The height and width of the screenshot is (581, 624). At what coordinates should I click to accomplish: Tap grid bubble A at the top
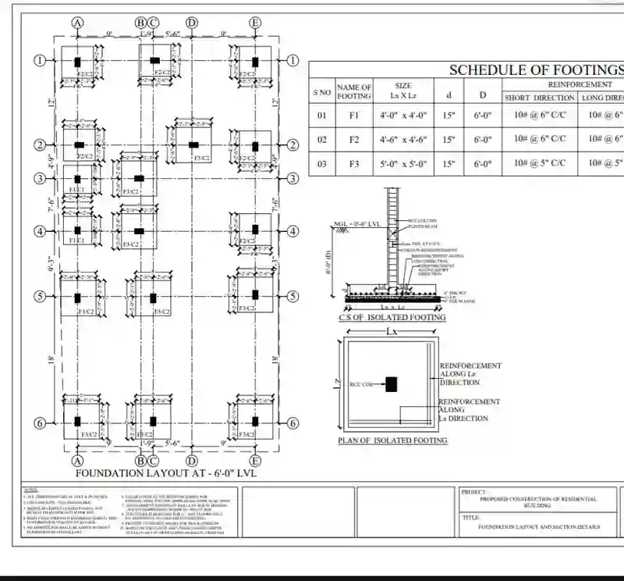coord(78,23)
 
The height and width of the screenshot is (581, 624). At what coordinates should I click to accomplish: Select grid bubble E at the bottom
coord(254,461)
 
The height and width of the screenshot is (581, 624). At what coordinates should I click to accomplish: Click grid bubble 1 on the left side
coord(39,61)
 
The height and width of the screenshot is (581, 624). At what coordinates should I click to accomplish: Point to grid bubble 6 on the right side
coord(293,423)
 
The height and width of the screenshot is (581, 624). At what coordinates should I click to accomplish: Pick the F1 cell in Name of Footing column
coord(354,115)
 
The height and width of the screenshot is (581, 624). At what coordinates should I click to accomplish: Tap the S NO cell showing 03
coord(322,164)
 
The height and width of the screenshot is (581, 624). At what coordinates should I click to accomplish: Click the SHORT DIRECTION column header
coord(538,98)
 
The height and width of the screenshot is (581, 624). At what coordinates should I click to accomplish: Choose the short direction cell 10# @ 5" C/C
coord(538,164)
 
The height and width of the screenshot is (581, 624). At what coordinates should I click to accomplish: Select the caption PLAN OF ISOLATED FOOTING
coord(392,440)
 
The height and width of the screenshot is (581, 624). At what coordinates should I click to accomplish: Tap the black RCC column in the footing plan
coord(390,383)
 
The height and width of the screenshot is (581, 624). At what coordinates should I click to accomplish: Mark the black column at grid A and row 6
coord(77,422)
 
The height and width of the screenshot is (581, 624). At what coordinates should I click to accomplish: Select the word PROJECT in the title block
coord(473,492)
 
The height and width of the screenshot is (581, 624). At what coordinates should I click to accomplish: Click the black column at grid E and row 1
coord(254,61)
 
